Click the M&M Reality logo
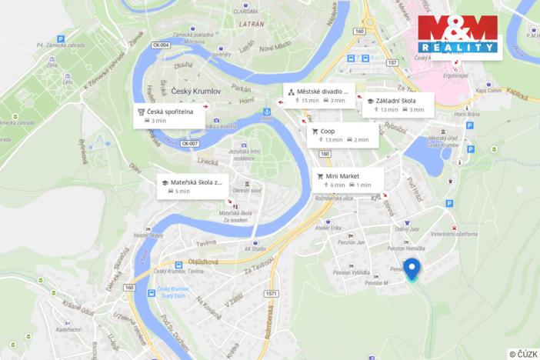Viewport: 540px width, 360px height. coord(459,35)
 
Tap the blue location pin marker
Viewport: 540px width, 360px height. coord(412,269)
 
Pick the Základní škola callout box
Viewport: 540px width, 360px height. coord(398,105)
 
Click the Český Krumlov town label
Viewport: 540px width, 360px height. coord(195,92)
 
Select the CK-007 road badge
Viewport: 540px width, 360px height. coord(189,144)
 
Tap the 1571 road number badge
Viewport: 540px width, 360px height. coord(271,292)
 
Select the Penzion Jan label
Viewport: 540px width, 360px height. coord(351,242)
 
